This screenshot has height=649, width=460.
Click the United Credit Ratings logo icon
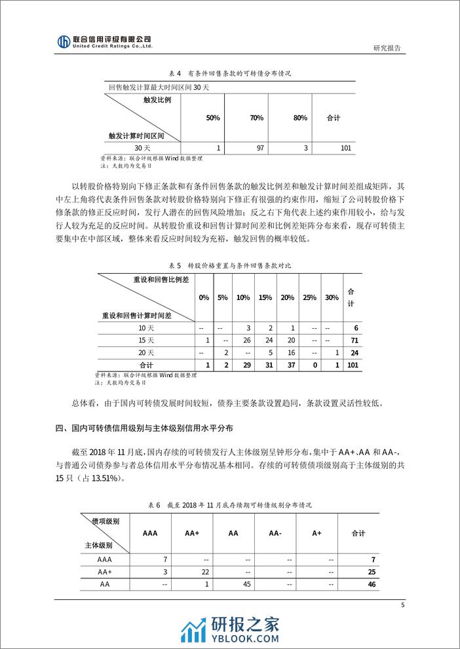64,42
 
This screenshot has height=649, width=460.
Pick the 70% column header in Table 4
256,118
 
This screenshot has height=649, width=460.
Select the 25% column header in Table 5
310,297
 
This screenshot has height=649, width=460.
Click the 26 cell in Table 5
246,340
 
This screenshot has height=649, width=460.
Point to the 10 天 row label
146,327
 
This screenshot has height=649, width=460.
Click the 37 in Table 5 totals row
288,364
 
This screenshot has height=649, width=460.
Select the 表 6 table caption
229,506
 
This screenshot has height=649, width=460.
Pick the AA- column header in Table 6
276,533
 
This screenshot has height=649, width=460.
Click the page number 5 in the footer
402,605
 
